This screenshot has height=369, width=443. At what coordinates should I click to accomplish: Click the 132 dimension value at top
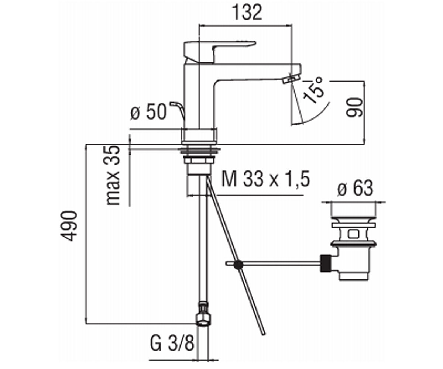pyautogui.click(x=247, y=13)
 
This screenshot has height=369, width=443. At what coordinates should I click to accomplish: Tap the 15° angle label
pyautogui.click(x=313, y=90)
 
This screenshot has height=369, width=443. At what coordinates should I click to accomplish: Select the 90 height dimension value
pyautogui.click(x=354, y=107)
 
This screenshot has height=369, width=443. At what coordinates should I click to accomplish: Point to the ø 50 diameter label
pyautogui.click(x=148, y=111)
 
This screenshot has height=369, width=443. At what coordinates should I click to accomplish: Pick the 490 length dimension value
pyautogui.click(x=69, y=226)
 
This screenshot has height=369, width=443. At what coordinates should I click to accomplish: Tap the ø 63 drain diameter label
pyautogui.click(x=355, y=188)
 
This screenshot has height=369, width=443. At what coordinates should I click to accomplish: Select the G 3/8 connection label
pyautogui.click(x=172, y=344)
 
